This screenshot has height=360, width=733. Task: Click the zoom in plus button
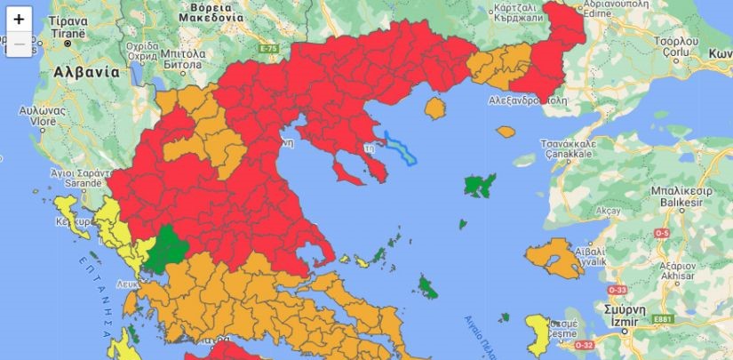[x=19, y=19]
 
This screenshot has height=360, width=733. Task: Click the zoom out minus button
[x=19, y=43]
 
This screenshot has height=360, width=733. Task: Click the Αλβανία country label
[x=85, y=71]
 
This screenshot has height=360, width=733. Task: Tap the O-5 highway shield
[x=661, y=233]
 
